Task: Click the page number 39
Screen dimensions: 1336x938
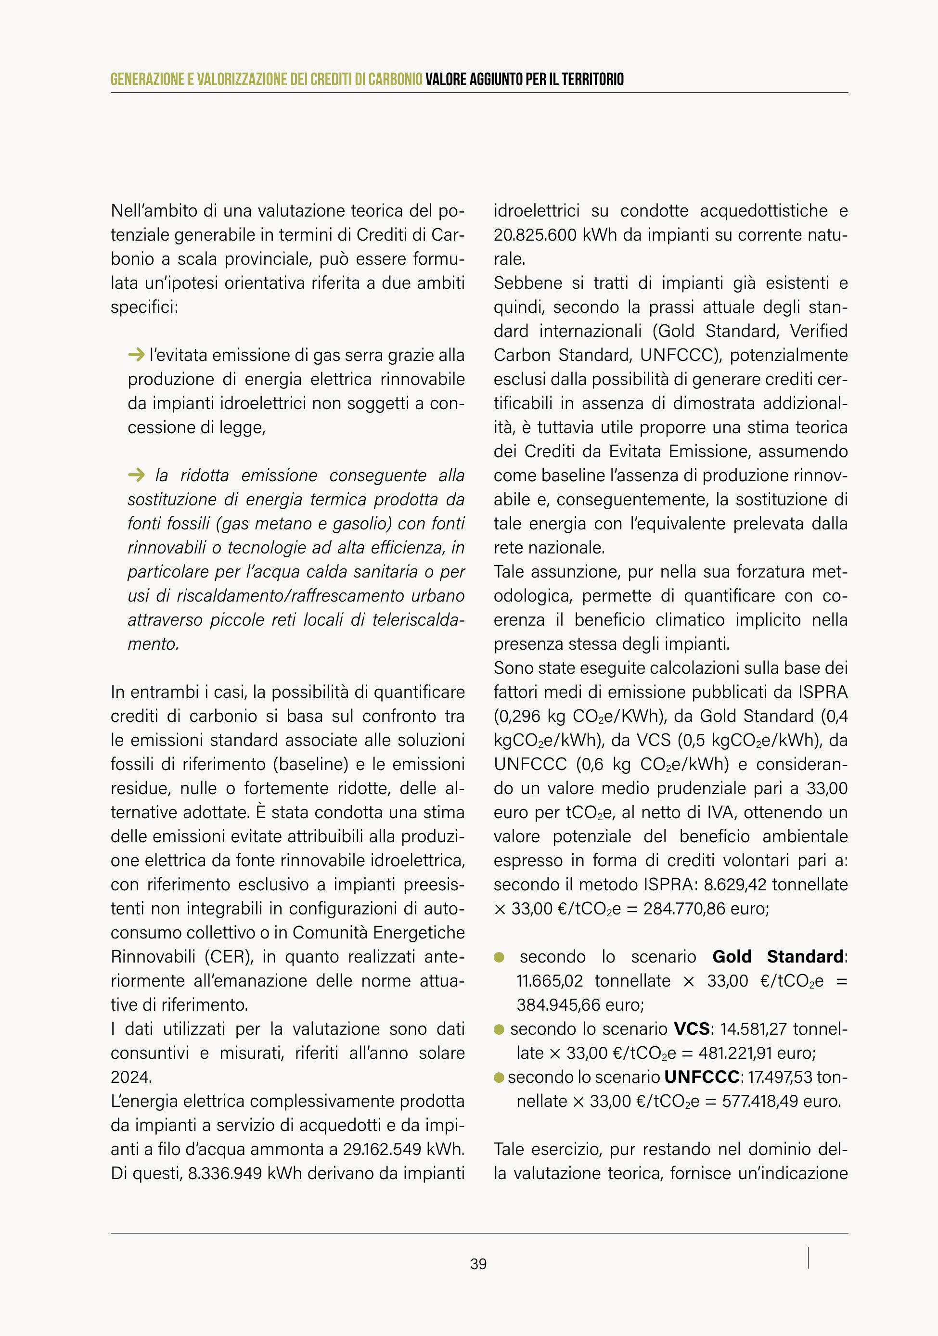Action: click(x=478, y=1264)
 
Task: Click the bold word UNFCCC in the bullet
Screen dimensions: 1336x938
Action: click(x=702, y=1077)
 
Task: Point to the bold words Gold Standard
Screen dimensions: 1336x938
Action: click(x=779, y=957)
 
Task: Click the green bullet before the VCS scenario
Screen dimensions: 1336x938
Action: click(x=499, y=1030)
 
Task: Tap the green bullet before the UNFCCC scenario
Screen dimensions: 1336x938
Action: click(x=499, y=1078)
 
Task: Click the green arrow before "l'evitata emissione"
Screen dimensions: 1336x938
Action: click(x=136, y=354)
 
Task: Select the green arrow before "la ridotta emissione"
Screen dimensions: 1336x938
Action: click(x=136, y=475)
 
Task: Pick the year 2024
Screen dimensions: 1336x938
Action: click(x=130, y=1077)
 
